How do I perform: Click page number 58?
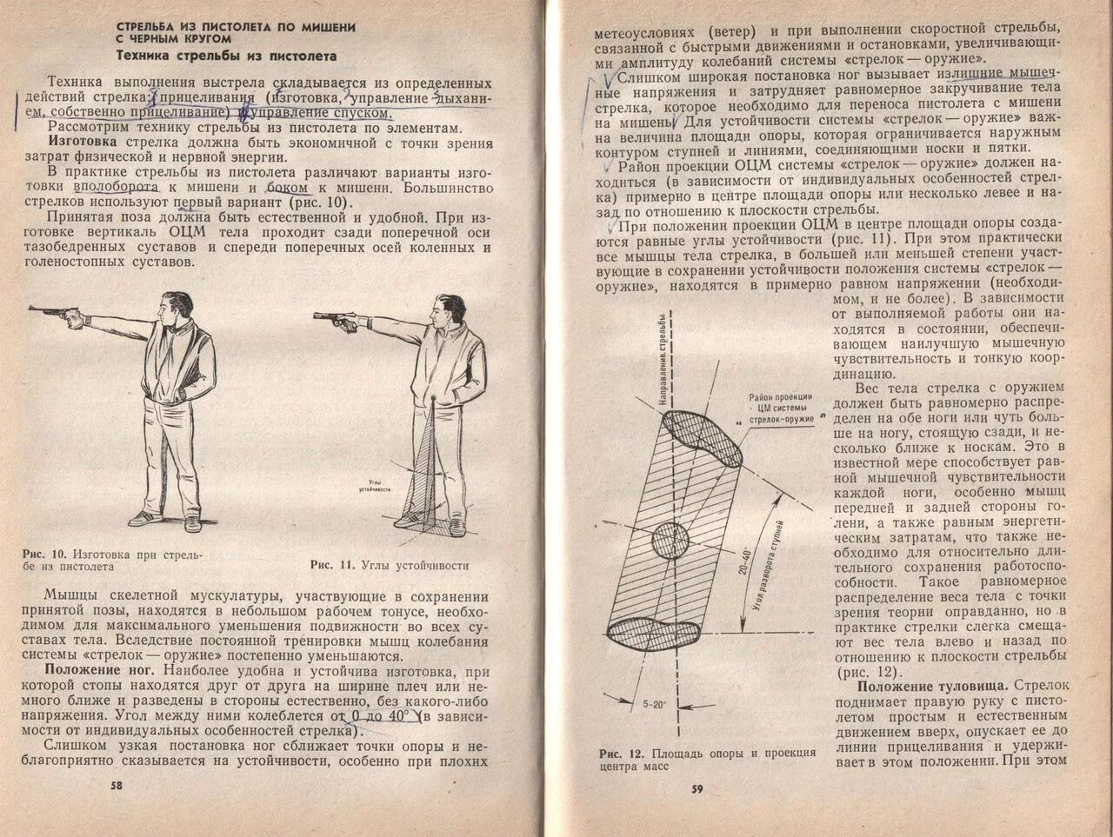tap(117, 785)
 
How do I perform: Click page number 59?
tap(696, 788)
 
